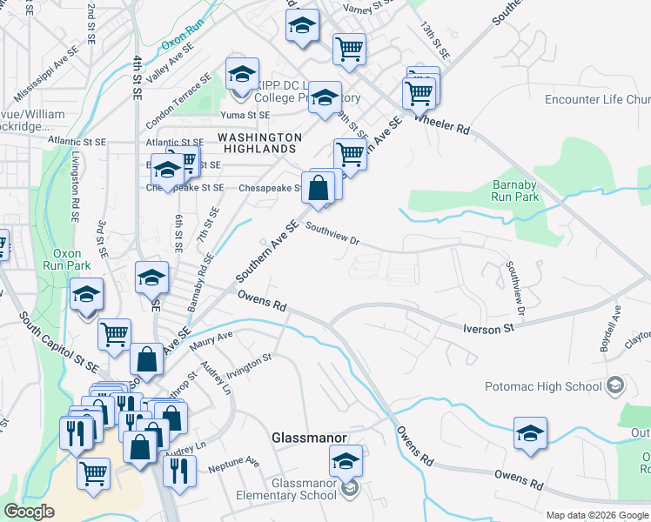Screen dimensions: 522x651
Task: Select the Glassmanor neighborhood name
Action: tap(310, 438)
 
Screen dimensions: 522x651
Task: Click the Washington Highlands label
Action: tap(259, 144)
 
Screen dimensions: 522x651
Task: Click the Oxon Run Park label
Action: tap(62, 259)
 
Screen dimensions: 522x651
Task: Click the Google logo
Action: tap(30, 512)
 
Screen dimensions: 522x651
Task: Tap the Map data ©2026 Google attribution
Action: tap(596, 515)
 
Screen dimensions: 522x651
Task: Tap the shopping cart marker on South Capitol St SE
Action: tap(115, 335)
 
